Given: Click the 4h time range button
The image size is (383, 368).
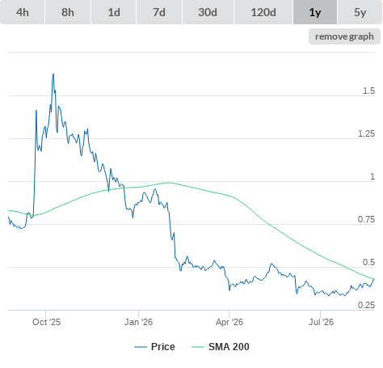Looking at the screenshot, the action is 23,12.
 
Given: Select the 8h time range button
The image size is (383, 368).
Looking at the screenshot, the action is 68,12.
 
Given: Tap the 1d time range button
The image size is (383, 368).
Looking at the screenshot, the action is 114,12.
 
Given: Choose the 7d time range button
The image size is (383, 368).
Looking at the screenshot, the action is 159,12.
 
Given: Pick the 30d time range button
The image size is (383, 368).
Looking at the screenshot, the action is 208,12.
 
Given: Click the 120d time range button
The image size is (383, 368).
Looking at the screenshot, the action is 263,12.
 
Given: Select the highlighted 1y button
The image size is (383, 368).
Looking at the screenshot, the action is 315,12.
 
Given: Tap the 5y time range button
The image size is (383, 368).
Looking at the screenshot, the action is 360,12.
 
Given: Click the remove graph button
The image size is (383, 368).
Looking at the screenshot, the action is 344,36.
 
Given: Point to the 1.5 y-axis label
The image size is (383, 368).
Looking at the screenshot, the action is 368,91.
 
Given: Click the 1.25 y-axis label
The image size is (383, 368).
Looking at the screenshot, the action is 366,133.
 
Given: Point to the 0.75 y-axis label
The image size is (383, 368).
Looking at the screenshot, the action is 366,219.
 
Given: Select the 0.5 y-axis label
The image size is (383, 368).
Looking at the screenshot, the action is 368,262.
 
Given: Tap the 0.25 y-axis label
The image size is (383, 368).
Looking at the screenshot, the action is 366,305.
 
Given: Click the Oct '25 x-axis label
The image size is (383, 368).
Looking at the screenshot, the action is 46,322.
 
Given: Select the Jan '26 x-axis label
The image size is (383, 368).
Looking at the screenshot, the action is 138,322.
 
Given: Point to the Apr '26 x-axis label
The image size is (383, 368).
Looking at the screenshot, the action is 229,322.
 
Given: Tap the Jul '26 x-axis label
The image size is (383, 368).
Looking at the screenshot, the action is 321,322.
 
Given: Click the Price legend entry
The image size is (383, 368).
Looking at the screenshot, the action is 154,347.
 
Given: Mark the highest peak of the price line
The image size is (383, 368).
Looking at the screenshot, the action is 53,74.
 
